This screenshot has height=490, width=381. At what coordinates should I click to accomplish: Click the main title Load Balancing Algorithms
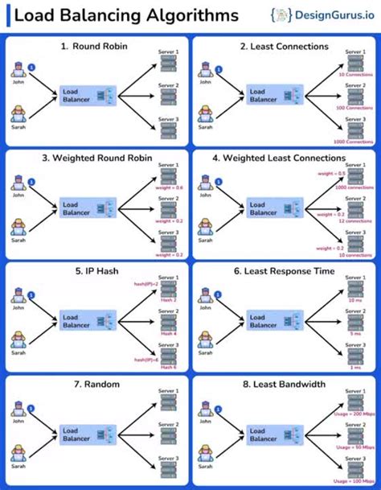pos(127,15)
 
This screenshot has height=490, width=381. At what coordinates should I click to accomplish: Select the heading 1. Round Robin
pos(96,47)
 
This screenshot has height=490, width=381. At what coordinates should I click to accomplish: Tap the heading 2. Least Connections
pos(284,47)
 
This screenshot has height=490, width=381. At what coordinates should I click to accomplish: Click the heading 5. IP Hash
pos(96,271)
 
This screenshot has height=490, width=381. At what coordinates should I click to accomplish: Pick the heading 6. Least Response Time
pos(284,271)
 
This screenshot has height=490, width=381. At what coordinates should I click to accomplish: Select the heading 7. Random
pos(96,385)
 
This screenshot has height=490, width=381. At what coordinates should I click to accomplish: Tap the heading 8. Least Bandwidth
pos(284,385)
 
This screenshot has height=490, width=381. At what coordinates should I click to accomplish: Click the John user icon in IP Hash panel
pos(18,300)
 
